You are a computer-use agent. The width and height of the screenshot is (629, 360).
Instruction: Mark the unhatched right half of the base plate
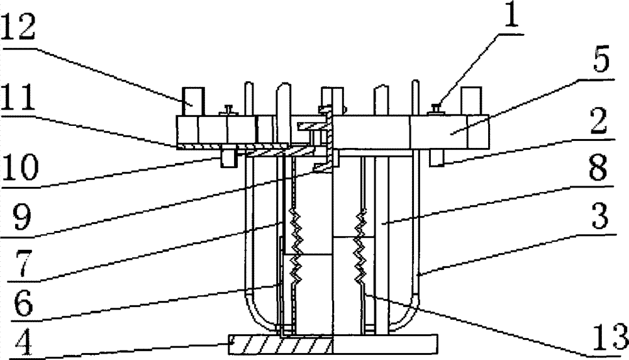tap(384, 346)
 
